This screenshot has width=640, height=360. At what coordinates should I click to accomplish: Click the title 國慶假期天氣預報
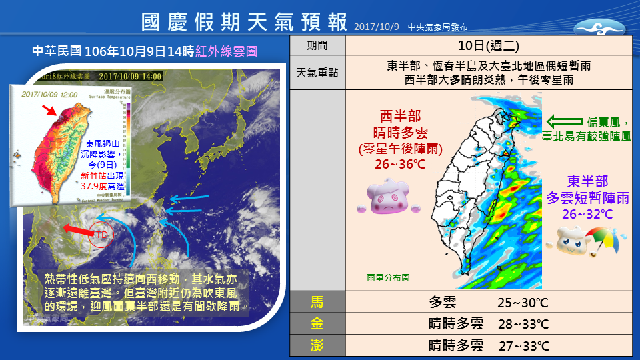pyautogui.click(x=245, y=21)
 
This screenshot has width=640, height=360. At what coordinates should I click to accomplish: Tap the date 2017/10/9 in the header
pyautogui.click(x=376, y=27)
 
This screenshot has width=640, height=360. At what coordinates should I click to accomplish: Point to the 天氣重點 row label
pyautogui.click(x=318, y=73)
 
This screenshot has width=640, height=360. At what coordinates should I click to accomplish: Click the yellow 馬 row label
pyautogui.click(x=318, y=303)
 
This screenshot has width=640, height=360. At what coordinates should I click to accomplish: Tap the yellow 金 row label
pyautogui.click(x=318, y=324)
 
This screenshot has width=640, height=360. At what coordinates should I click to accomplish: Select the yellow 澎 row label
pyautogui.click(x=318, y=345)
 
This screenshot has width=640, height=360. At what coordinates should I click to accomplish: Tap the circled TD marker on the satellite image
pyautogui.click(x=101, y=235)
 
